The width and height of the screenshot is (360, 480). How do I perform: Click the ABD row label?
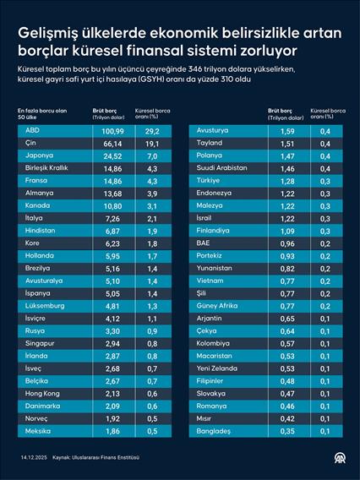tap(33, 132)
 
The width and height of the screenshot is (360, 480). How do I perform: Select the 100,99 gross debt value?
tap(113, 132)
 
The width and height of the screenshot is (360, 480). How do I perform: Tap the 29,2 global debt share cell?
tap(152, 132)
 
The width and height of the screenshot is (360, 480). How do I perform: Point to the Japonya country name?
tap(40, 156)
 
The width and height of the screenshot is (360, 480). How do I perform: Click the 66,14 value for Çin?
tap(113, 145)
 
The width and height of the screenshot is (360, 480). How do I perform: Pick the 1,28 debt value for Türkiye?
tap(286, 181)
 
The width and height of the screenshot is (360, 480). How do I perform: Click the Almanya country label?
tap(40, 194)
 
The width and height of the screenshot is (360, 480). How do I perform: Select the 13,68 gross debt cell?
tap(113, 194)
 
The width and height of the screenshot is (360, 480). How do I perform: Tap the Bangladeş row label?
tap(213, 431)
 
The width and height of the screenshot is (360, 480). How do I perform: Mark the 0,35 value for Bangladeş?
tap(286, 431)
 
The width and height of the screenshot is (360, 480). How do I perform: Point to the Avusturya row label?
tap(212, 132)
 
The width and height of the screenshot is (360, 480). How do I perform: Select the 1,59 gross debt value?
tap(286, 132)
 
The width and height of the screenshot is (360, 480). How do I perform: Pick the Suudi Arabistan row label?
tap(222, 169)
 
